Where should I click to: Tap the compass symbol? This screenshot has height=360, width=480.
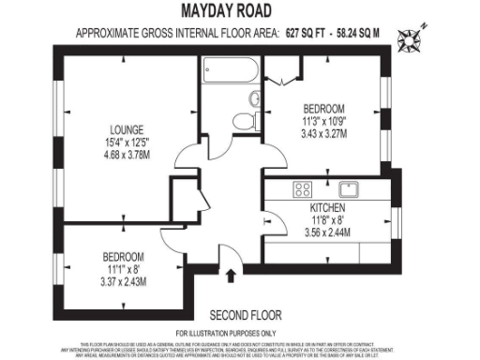coord(410,40)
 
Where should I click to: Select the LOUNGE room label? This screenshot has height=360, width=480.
coord(125,130)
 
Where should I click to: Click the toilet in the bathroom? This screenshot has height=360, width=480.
coord(246,120)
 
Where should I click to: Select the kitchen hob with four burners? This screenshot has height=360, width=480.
coord(303,188)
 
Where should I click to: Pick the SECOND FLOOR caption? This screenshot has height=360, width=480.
coord(246,314)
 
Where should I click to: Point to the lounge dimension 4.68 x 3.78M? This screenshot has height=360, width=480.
coord(125,157)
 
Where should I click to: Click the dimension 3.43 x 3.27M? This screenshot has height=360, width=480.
coord(323,133)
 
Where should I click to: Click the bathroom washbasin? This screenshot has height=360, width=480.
coord(252,98)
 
